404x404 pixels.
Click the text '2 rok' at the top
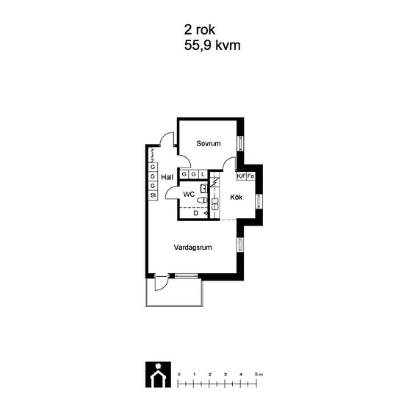pyautogui.click(x=199, y=30)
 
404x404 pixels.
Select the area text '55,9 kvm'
pyautogui.click(x=212, y=46)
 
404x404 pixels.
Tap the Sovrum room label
pyautogui.click(x=209, y=143)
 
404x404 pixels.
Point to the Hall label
pyautogui.click(x=167, y=177)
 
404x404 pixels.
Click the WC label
pyautogui.click(x=189, y=194)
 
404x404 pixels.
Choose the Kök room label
pyautogui.click(x=236, y=198)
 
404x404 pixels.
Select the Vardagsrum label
pyautogui.click(x=192, y=248)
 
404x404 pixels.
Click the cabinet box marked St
pyautogui.click(x=153, y=195)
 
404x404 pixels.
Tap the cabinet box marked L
pyautogui.click(x=203, y=174)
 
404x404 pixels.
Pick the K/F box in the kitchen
pyautogui.click(x=242, y=176)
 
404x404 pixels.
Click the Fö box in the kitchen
pyautogui.click(x=250, y=176)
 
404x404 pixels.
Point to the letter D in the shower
pyautogui.click(x=196, y=213)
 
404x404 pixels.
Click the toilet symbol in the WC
pyautogui.click(x=202, y=200)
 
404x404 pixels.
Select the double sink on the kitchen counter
pyautogui.click(x=214, y=203)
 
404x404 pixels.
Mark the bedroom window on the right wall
pyautogui.click(x=241, y=143)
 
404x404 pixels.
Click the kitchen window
pyautogui.click(x=259, y=201)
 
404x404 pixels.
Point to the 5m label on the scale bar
pyautogui.click(x=259, y=375)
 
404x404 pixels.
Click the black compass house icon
pyautogui.click(x=158, y=375)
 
